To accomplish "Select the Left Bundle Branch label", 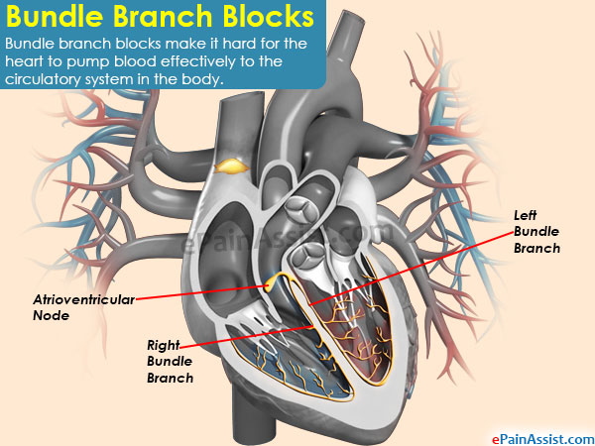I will point(536,231).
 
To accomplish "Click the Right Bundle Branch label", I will point(170,362).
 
